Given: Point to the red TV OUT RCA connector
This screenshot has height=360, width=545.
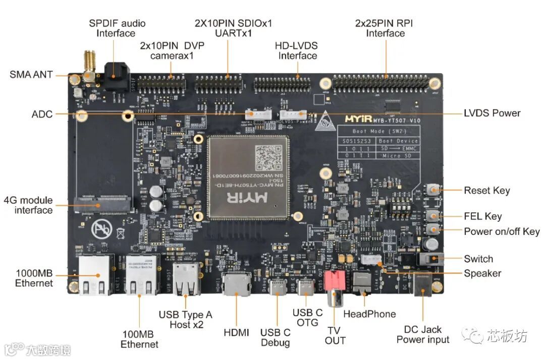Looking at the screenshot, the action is click(333, 281).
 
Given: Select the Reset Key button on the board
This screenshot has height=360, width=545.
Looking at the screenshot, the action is click(433, 190).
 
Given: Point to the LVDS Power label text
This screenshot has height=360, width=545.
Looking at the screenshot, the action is click(492, 113).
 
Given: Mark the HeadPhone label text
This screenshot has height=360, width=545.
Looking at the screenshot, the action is click(369, 314).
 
